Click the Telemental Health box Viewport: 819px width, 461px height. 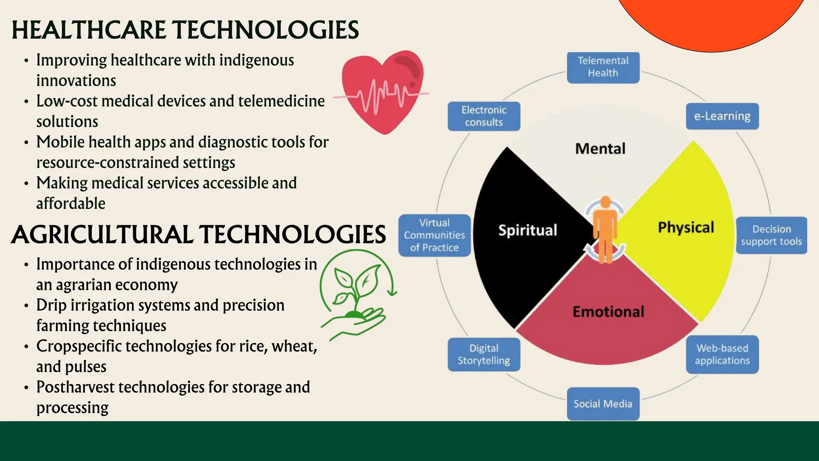(603, 67)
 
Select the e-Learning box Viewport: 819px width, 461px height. (722, 116)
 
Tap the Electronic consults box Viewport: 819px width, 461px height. (484, 116)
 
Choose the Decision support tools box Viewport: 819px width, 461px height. (771, 235)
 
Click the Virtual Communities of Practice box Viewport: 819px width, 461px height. (435, 235)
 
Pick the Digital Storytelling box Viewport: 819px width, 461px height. (484, 355)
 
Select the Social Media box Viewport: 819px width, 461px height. (603, 404)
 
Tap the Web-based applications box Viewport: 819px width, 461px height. (722, 355)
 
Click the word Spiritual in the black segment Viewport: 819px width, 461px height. (527, 230)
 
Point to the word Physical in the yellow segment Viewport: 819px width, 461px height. (686, 227)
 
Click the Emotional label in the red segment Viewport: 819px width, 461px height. (608, 312)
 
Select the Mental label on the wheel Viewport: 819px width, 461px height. (600, 149)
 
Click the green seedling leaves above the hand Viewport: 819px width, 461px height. (356, 284)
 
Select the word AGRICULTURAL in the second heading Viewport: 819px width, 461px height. (102, 235)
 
